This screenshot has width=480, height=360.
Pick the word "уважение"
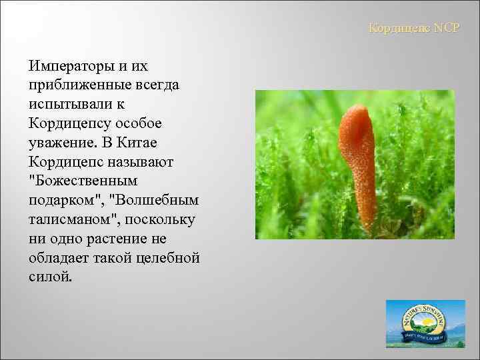(x=63, y=143)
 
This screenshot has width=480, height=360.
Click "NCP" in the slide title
(x=443, y=29)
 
